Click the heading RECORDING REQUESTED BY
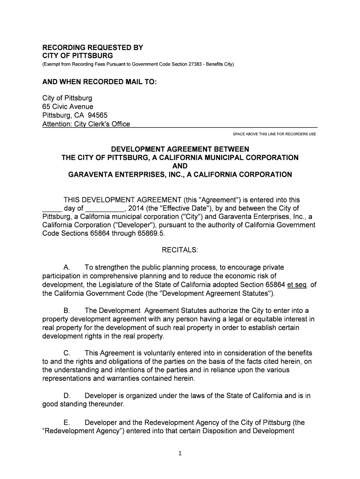click(93, 48)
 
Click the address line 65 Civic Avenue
click(68, 107)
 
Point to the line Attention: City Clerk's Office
click(86, 124)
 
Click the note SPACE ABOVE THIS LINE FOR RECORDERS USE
click(274, 134)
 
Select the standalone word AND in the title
click(180, 166)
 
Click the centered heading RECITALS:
click(180, 250)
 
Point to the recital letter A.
click(66, 267)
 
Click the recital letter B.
click(66, 311)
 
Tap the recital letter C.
click(66, 353)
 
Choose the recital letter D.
click(66, 396)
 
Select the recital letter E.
click(66, 422)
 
